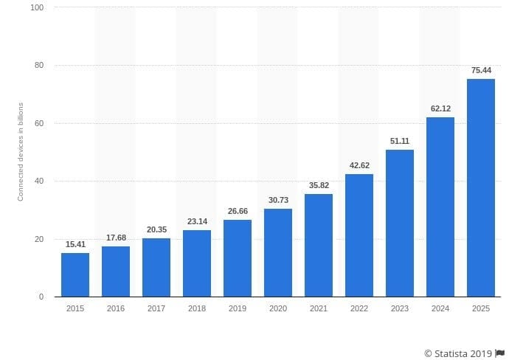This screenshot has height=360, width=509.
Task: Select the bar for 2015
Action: (75, 274)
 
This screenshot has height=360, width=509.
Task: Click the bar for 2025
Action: (481, 187)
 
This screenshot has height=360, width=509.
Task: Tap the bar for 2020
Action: (278, 252)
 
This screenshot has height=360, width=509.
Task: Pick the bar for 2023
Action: (400, 223)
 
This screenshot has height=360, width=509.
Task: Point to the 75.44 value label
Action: (481, 70)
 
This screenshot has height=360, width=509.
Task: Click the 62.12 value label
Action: (440, 108)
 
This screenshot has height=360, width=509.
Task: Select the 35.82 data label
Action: (319, 185)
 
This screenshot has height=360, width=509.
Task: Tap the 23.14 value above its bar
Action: (197, 221)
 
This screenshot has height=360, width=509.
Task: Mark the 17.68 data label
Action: (116, 237)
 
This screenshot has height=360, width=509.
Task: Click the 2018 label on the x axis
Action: (197, 308)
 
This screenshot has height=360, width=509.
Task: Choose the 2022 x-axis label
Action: (359, 308)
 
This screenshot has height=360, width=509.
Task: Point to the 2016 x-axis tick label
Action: (116, 308)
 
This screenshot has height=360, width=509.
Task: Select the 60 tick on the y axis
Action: (39, 123)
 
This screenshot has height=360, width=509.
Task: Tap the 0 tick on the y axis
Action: (41, 297)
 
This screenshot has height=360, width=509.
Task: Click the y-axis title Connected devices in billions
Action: (21, 152)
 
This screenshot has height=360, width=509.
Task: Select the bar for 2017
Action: (156, 267)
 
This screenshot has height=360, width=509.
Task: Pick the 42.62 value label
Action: (359, 165)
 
